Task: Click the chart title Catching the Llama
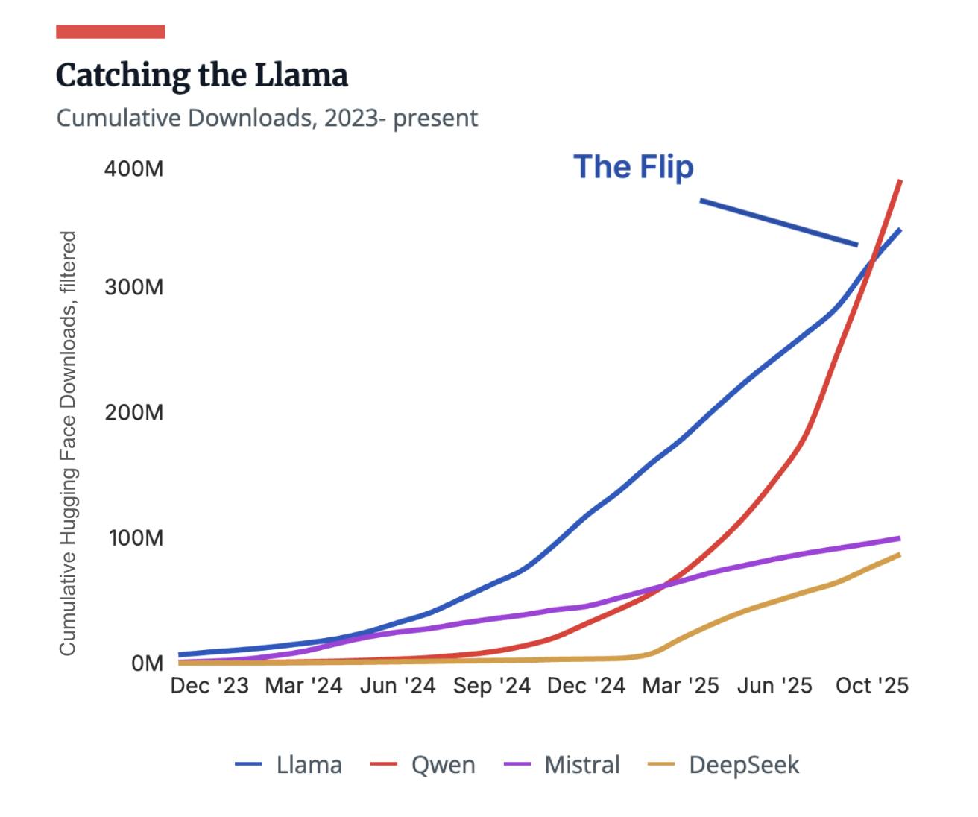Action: [202, 75]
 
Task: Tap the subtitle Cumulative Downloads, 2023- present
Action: [267, 118]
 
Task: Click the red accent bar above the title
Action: [110, 31]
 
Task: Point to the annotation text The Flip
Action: [633, 166]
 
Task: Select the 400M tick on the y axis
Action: [133, 168]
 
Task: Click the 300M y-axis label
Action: [133, 287]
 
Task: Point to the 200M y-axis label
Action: [133, 412]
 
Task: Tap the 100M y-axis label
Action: [135, 537]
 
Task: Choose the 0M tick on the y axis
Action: [147, 663]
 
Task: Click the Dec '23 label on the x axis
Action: [209, 686]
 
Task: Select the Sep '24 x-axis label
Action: [492, 686]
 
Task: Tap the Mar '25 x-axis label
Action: [681, 686]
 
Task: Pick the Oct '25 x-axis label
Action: [872, 686]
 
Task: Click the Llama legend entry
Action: [289, 765]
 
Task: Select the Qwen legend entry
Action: [423, 765]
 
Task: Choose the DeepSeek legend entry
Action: [724, 765]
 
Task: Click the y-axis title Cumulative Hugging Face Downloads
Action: [68, 443]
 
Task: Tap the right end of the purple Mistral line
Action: [899, 537]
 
